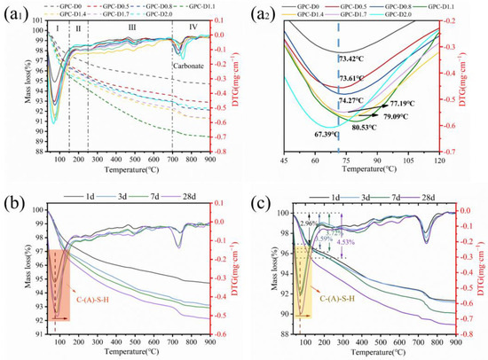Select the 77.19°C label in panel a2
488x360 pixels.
(404, 104)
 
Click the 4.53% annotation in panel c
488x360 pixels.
(370, 241)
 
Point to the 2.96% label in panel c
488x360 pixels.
(307, 223)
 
